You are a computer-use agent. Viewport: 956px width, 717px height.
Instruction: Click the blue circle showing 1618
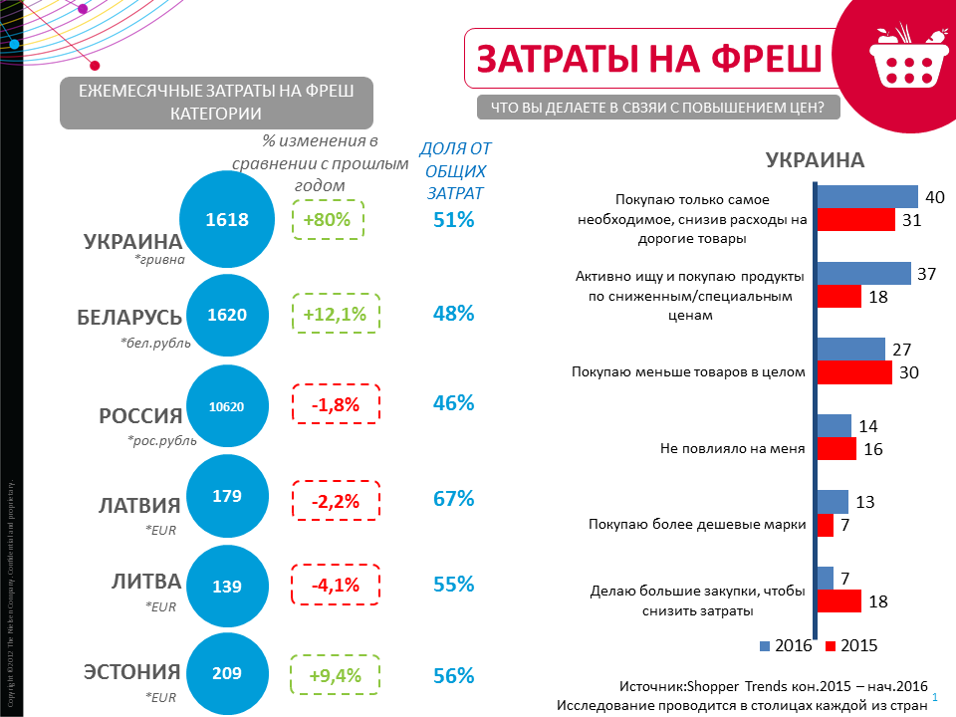(x=226, y=220)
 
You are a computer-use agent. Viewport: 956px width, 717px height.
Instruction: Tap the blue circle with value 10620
(x=226, y=405)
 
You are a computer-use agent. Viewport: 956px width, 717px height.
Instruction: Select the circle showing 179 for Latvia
(x=226, y=496)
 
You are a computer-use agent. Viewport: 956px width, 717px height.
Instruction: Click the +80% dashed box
(x=329, y=220)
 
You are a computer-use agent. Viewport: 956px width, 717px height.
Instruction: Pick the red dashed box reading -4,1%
(x=335, y=586)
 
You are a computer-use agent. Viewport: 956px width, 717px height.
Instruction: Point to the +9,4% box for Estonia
(x=335, y=675)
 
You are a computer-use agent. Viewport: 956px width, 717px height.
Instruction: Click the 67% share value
(x=453, y=498)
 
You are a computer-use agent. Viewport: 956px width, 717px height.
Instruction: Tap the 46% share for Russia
(x=453, y=404)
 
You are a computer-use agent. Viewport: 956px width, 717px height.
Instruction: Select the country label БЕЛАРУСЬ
(x=129, y=318)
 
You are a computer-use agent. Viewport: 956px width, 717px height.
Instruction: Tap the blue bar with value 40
(x=867, y=196)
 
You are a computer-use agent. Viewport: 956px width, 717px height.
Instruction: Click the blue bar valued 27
(x=851, y=349)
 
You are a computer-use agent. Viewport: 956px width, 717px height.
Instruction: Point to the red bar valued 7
(x=826, y=525)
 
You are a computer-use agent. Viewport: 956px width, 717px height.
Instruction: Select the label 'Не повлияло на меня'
(x=732, y=448)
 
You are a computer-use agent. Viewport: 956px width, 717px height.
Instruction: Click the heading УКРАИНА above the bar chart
(x=814, y=160)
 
